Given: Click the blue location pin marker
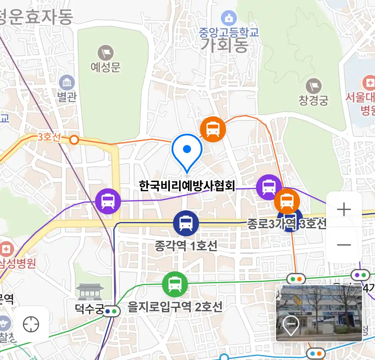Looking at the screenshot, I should (187, 151).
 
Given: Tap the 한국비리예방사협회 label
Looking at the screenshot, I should (187, 186).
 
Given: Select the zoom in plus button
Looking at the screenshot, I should (344, 210).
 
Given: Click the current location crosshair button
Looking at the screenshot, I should (31, 324).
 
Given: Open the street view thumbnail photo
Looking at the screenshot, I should (319, 313).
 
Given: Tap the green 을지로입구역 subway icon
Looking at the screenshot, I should (175, 284).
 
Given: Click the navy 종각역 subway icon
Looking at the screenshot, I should (186, 223).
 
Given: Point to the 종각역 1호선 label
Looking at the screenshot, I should (186, 246).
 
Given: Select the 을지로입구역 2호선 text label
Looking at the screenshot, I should (175, 307).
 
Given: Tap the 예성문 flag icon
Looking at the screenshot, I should (106, 53).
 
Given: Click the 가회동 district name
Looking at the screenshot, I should (224, 45).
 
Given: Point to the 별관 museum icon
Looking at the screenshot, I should (67, 83).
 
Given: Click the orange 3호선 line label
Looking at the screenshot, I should (49, 137).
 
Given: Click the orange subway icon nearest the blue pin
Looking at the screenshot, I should (213, 129).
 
